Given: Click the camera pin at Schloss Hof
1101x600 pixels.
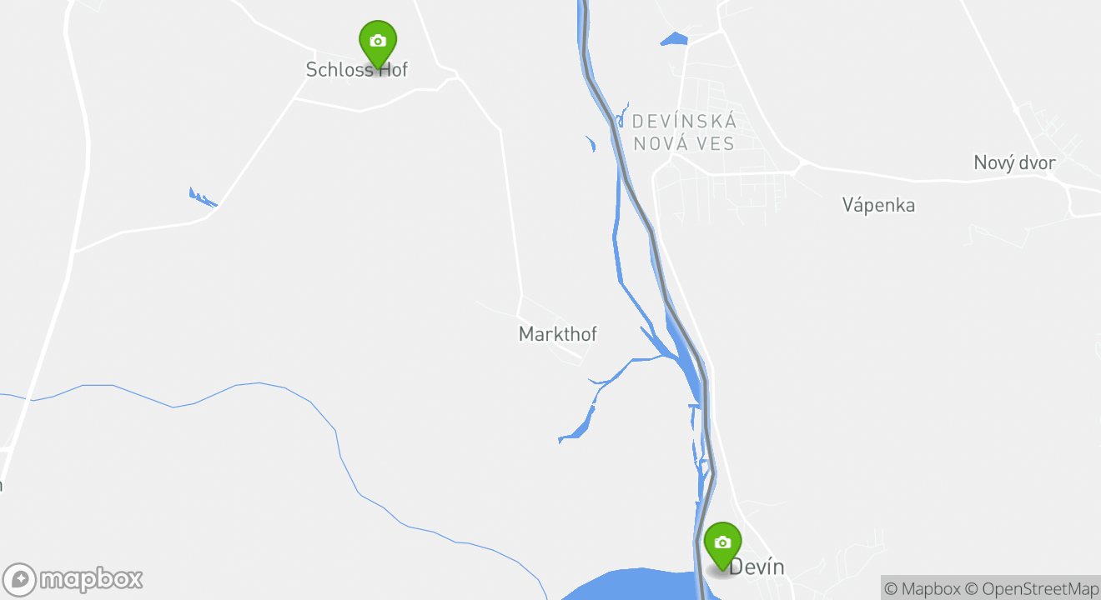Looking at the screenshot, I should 378,42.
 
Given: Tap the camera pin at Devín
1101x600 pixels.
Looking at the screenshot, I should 722,543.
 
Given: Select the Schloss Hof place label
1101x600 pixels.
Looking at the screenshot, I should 356,69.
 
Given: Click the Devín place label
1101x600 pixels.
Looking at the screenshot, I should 757,567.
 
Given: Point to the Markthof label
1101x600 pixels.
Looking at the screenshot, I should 558,334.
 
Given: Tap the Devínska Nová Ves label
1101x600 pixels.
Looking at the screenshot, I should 684,132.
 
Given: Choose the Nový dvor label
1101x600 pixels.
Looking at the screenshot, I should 1014,162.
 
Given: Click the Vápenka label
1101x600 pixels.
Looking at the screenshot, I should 878,205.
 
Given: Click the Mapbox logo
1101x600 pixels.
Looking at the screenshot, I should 73,579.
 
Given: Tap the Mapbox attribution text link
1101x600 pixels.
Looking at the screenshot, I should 922,588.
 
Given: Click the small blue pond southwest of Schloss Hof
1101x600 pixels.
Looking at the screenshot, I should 202,198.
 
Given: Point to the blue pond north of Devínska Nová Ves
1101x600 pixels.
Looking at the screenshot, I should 673,38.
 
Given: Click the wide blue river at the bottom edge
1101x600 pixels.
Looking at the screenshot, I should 634,586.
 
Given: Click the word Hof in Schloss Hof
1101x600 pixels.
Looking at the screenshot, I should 393,69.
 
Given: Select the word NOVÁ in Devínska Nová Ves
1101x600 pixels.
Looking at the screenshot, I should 660,143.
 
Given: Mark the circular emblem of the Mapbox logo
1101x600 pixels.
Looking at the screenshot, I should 19,580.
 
